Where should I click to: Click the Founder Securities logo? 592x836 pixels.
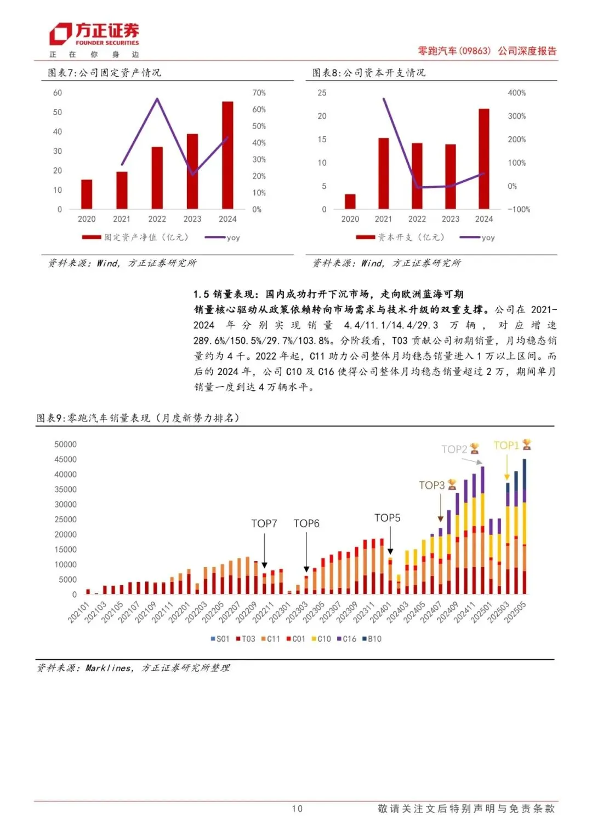pos(94,34)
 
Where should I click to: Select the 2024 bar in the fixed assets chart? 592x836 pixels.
pos(227,155)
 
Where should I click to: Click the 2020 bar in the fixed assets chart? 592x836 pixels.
pos(87,194)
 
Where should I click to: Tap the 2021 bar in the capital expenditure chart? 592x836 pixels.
pos(383,173)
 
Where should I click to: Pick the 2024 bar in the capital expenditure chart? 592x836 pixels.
pos(483,159)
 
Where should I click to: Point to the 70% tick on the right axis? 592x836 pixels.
pos(259,93)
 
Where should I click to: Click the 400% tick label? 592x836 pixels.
pos(516,93)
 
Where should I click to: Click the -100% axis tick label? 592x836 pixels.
pos(519,210)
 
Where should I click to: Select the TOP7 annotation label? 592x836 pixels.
pos(264,524)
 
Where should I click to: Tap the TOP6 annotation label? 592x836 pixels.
pos(306,524)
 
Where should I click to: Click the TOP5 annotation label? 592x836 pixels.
pos(388,518)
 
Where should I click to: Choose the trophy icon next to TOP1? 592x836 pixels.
pos(527,445)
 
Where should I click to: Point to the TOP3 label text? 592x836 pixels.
pos(431,486)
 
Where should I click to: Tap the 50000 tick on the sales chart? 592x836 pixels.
pos(65,445)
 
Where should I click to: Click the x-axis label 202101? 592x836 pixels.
pos(78,613)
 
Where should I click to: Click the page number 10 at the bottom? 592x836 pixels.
pos(297,809)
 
